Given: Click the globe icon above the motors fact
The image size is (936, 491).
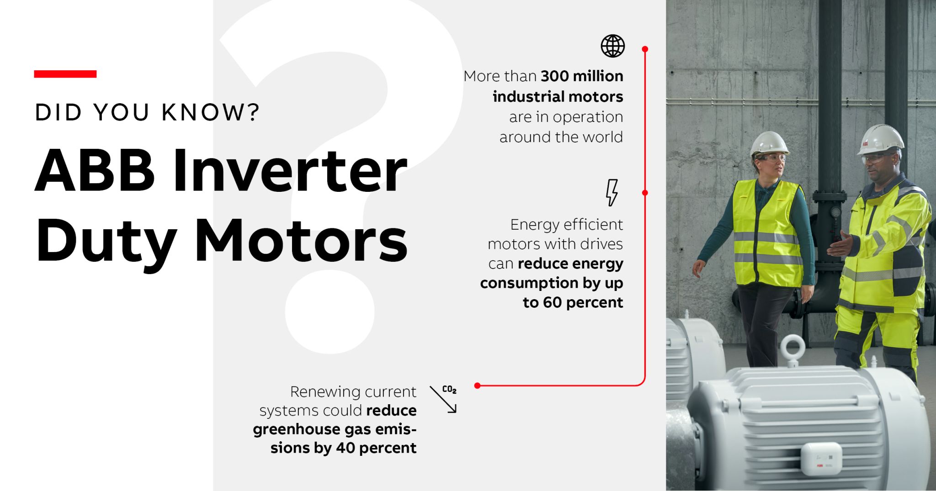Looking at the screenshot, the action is point(612,46).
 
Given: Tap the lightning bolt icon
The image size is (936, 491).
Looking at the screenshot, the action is point(612,192).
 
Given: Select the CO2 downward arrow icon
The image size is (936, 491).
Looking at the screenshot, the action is point(443,399).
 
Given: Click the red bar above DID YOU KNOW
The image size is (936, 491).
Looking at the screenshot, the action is point(65,74).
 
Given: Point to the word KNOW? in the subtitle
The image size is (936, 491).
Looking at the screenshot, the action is point(211,112).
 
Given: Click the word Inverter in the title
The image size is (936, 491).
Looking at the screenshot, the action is point(290,170).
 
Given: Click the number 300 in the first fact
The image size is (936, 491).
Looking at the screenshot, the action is point(555,76).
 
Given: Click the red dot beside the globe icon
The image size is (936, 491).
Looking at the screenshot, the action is point(645,49).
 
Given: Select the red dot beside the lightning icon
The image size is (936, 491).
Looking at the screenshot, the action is point(645,193).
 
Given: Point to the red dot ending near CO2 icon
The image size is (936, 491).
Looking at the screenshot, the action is point(477,385).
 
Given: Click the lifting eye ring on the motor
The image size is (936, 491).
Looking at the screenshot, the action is point(792,348).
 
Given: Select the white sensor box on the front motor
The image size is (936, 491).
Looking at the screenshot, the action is point(821,458).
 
